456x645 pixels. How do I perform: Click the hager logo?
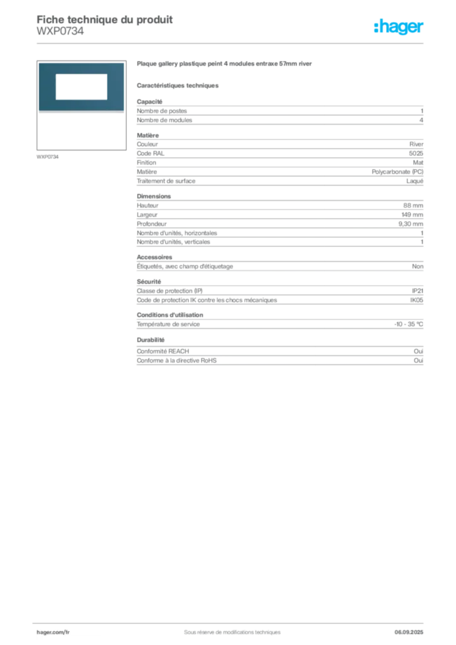399,26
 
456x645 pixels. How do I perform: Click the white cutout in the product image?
81,87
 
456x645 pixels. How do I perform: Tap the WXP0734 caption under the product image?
48,157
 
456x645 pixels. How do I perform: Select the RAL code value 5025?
416,154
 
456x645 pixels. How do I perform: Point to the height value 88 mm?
413,205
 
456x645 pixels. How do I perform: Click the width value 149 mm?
413,215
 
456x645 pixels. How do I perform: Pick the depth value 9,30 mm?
411,224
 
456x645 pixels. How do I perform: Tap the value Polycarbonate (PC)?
397,172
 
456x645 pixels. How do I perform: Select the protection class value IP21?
418,291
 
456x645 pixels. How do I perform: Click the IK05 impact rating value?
416,300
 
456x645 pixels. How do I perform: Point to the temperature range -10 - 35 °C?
409,324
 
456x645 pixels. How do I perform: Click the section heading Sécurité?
149,282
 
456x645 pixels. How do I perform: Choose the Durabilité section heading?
151,340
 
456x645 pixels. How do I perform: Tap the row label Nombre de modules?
164,120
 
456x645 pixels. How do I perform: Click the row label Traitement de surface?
166,181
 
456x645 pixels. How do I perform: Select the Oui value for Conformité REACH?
419,351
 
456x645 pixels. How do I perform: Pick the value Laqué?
415,181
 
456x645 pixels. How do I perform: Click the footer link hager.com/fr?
53,632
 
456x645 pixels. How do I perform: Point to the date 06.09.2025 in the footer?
409,632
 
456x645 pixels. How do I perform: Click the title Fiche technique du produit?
105,20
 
